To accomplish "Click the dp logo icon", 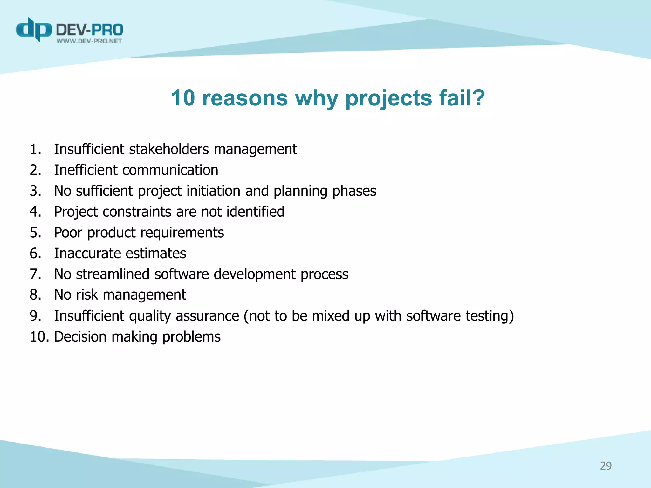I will pos(34,30).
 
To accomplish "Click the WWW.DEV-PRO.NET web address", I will pos(89,41).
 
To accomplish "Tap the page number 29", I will pos(606,466).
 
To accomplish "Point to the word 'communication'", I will pos(170,170).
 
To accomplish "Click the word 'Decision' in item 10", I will pos(80,337).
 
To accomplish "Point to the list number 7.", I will pos(35,274).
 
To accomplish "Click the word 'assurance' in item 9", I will pos(207,316).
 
